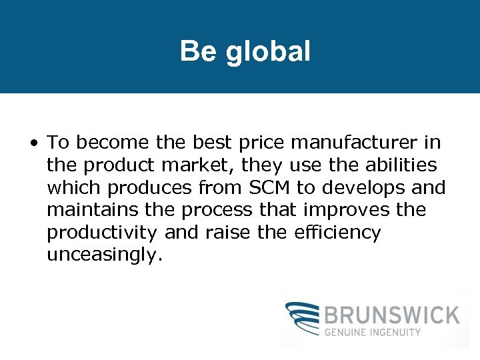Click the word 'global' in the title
point(269,51)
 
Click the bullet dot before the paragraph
point(33,143)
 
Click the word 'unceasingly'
point(103,256)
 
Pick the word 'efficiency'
point(341,233)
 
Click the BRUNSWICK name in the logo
point(393,315)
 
